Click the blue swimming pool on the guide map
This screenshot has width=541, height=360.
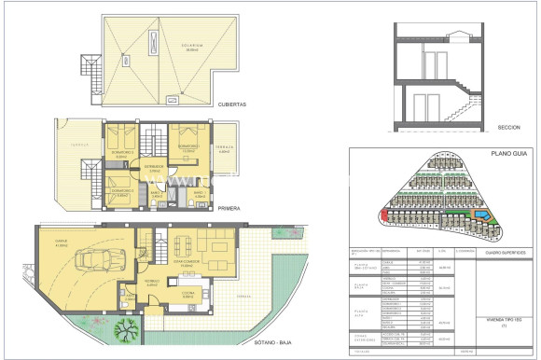481,216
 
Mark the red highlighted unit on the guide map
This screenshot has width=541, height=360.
383,217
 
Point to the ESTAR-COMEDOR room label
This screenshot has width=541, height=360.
191,261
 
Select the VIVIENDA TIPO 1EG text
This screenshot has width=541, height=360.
490,318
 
